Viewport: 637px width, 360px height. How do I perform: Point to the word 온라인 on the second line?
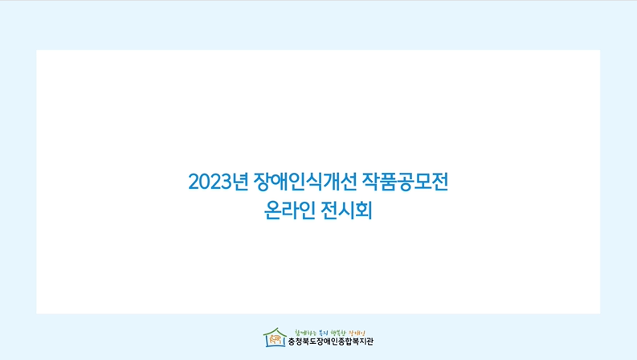click(x=288, y=213)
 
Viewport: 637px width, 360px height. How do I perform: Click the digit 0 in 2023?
click(x=204, y=182)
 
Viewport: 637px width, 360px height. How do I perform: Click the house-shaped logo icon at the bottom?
click(x=276, y=337)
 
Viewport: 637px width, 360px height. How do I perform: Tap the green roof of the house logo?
click(x=276, y=330)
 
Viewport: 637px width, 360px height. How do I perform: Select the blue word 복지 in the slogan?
click(x=323, y=331)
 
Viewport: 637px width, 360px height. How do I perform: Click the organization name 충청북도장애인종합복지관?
click(x=330, y=342)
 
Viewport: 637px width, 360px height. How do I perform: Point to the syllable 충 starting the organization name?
click(x=292, y=342)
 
